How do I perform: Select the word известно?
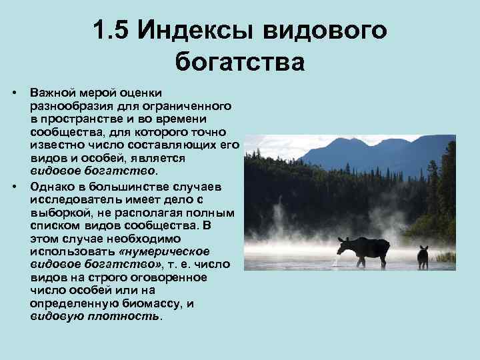pyautogui.click(x=57, y=145)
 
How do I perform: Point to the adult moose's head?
pyautogui.click(x=342, y=247)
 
